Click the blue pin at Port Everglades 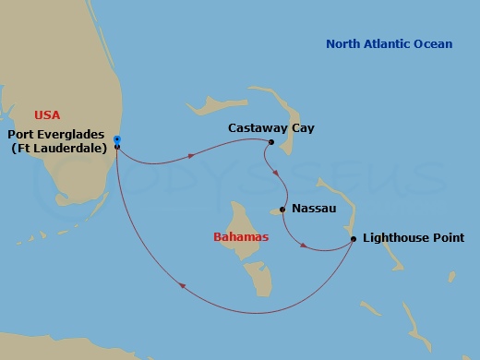pyautogui.click(x=117, y=141)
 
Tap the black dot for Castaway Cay pyautogui.click(x=270, y=142)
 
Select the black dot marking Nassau pyautogui.click(x=282, y=210)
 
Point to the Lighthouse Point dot pyautogui.click(x=354, y=240)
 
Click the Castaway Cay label pyautogui.click(x=270, y=128)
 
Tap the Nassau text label pyautogui.click(x=313, y=210)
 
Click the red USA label pyautogui.click(x=47, y=114)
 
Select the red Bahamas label pyautogui.click(x=241, y=237)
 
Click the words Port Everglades pyautogui.click(x=58, y=133)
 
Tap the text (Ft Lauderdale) pyautogui.click(x=57, y=148)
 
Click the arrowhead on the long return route pyautogui.click(x=181, y=285)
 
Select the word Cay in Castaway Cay pyautogui.click(x=302, y=128)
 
